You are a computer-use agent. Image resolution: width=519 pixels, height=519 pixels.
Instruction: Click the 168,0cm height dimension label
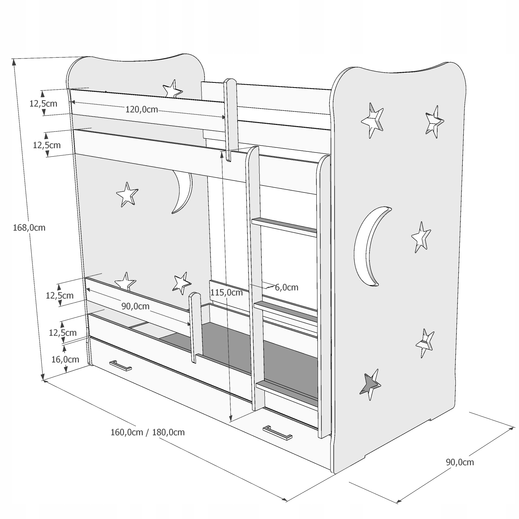[x=29, y=228]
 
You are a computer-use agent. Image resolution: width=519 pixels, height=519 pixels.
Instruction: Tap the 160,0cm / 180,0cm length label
[x=147, y=432]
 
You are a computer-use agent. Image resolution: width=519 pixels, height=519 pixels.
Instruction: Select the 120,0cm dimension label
[x=142, y=109]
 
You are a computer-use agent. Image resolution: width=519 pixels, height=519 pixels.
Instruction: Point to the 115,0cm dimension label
[x=226, y=292]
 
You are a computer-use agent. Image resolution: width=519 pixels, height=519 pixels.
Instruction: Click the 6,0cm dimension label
[x=287, y=288]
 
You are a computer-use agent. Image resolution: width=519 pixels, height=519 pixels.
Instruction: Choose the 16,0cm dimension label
[x=65, y=360]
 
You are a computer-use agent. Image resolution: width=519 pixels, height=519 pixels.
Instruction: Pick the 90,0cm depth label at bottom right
[x=459, y=462]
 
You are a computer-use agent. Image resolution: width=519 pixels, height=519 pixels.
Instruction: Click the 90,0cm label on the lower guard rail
[x=135, y=306]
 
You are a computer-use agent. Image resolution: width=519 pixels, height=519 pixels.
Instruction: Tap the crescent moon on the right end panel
[x=370, y=245]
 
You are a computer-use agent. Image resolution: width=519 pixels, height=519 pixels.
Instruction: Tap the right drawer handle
[x=277, y=432]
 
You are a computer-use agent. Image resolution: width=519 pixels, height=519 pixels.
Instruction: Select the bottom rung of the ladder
[x=287, y=390]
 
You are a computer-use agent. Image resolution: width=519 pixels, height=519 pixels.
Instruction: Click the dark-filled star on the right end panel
[x=370, y=385]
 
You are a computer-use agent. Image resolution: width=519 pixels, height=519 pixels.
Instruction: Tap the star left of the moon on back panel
[x=127, y=194]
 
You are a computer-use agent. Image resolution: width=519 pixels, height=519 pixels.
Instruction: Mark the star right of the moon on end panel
[x=421, y=237]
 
